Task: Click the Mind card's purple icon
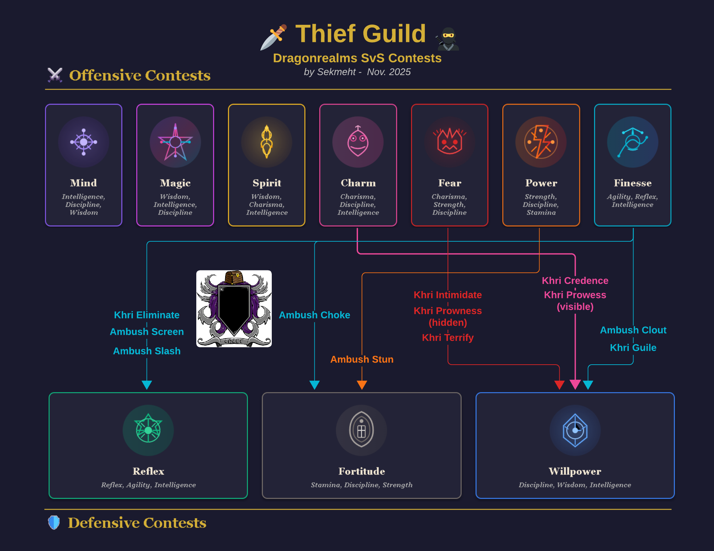[84, 142]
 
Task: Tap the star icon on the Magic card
[175, 142]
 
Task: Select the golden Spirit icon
[267, 142]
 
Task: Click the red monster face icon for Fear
[450, 142]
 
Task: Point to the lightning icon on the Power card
[541, 142]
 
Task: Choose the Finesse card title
[632, 183]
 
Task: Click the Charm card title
[358, 183]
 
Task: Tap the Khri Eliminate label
[147, 315]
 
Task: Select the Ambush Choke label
[314, 315]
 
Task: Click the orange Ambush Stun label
[362, 359]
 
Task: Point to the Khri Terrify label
[448, 338]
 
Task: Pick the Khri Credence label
[575, 281]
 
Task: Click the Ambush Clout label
[633, 330]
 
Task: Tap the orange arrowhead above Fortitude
[362, 385]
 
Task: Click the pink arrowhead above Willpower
[575, 385]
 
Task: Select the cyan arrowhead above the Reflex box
[147, 385]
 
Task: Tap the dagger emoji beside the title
[274, 37]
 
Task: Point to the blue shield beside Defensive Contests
[54, 523]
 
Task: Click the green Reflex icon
[148, 430]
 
